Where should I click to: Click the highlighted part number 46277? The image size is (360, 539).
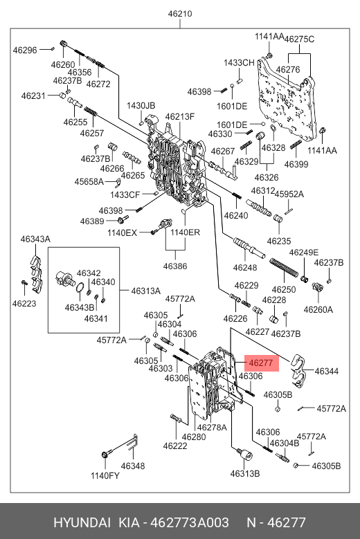pyautogui.click(x=261, y=363)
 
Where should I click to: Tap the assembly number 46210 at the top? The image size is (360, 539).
pyautogui.click(x=180, y=14)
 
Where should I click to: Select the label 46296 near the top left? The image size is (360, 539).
pyautogui.click(x=25, y=51)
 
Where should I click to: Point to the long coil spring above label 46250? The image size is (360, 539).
pyautogui.click(x=284, y=268)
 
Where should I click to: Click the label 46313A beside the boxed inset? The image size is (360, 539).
pyautogui.click(x=146, y=291)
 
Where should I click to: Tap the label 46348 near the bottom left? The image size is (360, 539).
pyautogui.click(x=133, y=466)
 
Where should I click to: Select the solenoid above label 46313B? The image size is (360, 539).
pyautogui.click(x=245, y=455)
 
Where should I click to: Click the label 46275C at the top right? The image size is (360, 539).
pyautogui.click(x=299, y=39)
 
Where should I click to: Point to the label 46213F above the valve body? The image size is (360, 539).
pyautogui.click(x=180, y=116)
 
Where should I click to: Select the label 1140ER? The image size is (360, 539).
pyautogui.click(x=185, y=232)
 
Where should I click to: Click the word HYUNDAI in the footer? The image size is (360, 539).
pyautogui.click(x=82, y=523)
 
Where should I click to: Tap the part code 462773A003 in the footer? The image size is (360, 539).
pyautogui.click(x=190, y=523)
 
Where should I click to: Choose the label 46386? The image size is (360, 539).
pyautogui.click(x=175, y=266)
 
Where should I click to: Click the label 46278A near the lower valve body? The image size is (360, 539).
pyautogui.click(x=212, y=427)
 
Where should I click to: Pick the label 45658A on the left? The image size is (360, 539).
pyautogui.click(x=89, y=181)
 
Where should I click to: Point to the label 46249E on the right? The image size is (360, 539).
pyautogui.click(x=304, y=253)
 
